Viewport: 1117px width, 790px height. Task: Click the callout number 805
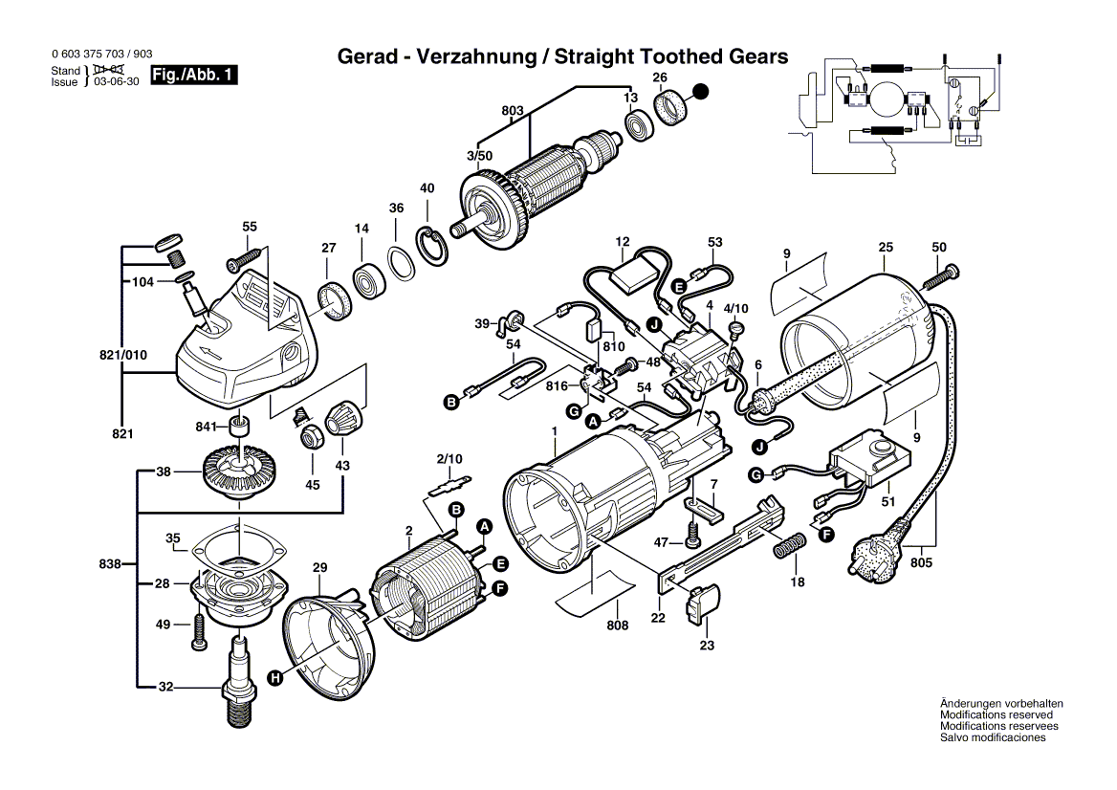[x=921, y=563]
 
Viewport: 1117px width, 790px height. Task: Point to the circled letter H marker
[x=274, y=678]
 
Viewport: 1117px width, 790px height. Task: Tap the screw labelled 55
[x=245, y=257]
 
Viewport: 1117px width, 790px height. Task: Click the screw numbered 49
[x=199, y=633]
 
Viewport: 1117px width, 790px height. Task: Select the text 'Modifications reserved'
[x=996, y=714]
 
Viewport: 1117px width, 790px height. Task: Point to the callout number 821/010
[x=121, y=355]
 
